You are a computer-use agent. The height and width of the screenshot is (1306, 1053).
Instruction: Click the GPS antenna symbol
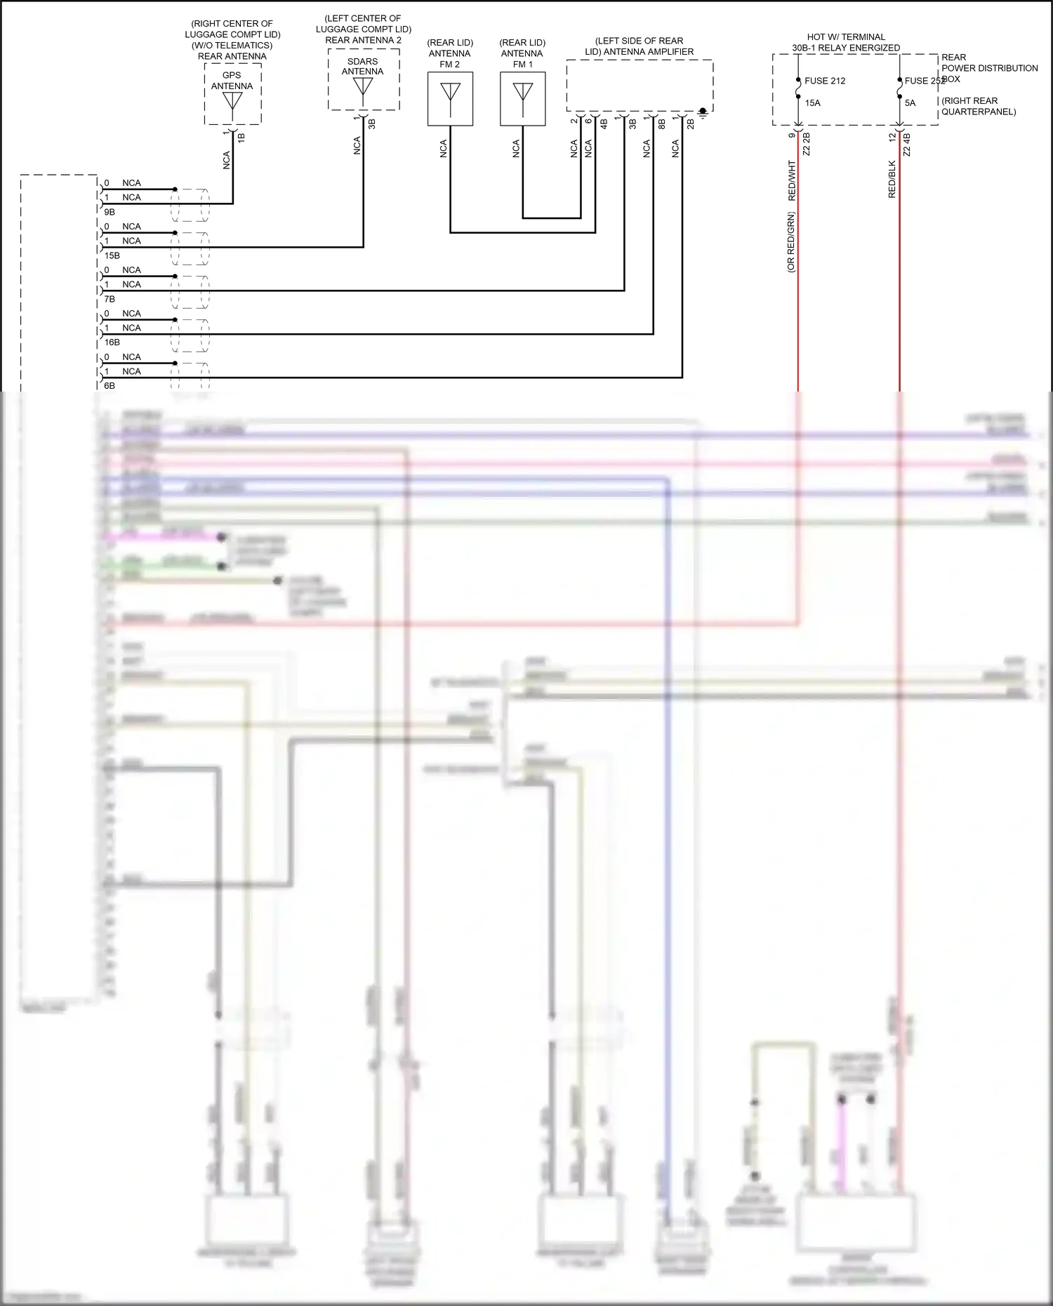point(232,101)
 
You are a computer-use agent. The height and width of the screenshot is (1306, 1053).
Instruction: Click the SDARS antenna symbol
point(363,87)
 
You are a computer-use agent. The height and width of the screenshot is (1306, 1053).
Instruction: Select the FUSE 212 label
point(825,81)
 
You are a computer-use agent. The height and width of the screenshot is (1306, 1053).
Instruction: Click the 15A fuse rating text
point(812,103)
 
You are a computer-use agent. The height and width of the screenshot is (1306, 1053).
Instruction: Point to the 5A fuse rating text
point(910,103)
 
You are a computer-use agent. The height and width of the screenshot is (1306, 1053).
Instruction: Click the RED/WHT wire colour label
point(792,180)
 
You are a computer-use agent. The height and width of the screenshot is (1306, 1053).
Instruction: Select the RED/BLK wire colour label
point(892,179)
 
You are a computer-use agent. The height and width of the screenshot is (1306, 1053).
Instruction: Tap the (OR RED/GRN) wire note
point(791,242)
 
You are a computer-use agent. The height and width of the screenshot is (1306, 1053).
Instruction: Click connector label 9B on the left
point(110,212)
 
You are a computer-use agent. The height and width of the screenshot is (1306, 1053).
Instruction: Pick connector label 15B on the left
point(112,255)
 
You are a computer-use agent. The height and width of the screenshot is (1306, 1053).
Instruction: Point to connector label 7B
point(110,299)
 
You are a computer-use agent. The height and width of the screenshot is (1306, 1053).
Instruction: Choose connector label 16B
point(112,342)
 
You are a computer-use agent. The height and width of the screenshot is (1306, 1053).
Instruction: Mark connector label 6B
point(110,386)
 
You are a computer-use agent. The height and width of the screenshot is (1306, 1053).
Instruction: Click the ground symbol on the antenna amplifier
point(703,112)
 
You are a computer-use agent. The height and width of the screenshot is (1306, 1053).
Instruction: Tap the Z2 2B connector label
point(807,144)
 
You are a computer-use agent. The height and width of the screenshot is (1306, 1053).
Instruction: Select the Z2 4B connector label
point(907,144)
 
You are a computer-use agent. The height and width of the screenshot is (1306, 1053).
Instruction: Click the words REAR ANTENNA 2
point(363,40)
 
